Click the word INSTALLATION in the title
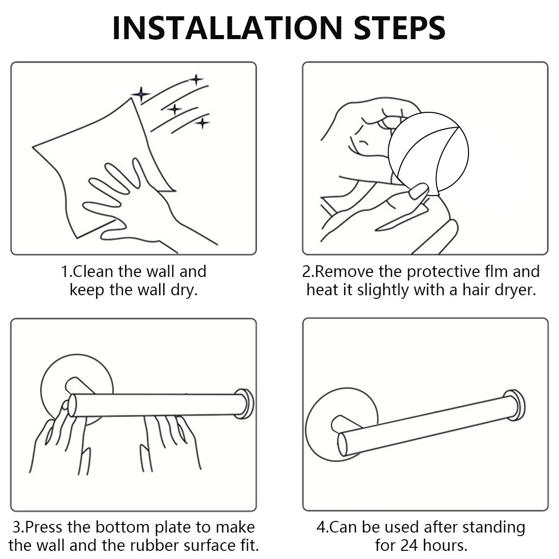[x=228, y=28]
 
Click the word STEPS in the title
[x=399, y=28]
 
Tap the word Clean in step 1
[x=93, y=272]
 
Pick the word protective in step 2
[x=443, y=272]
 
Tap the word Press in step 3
[x=44, y=527]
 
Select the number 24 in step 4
[x=410, y=545]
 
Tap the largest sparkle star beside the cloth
[x=142, y=95]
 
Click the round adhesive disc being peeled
[x=428, y=153]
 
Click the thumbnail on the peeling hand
[x=418, y=192]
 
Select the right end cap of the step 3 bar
[x=244, y=403]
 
